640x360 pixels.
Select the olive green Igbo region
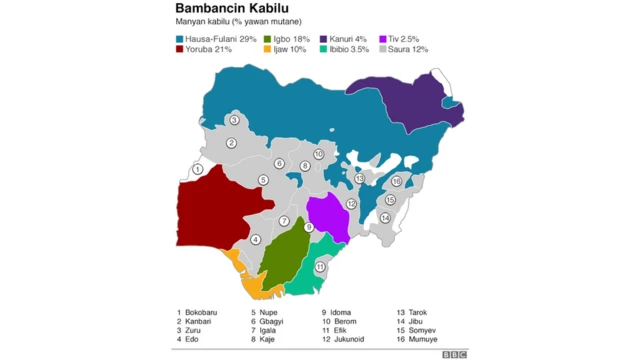(x=284, y=256)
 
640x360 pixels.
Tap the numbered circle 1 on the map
(x=198, y=170)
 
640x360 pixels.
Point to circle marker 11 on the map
(x=320, y=267)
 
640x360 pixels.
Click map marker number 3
(x=233, y=120)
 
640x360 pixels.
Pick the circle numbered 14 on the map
(x=384, y=217)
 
